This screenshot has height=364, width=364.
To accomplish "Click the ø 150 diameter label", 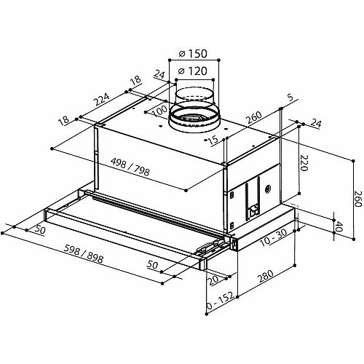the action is coord(193,54).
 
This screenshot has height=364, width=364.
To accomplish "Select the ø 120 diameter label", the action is coord(192,71).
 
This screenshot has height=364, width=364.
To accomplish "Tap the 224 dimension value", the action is coord(102,100).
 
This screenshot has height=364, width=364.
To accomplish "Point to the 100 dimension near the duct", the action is coord(160,111).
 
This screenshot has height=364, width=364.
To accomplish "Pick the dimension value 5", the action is coord(290,98).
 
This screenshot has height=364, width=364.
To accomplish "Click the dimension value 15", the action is coord(213,141).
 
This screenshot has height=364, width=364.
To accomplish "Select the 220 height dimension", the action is coord(304,162).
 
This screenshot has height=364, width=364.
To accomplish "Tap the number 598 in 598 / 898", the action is coord(72,250).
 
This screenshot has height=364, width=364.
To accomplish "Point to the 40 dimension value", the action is coord(339,226).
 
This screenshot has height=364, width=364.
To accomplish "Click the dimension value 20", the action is coord(213,280).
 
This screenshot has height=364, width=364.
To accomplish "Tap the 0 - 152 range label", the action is coord(220,301).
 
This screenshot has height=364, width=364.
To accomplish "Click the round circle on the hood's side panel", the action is coord(269,188).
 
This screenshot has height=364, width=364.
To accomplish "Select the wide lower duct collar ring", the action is coord(194,119).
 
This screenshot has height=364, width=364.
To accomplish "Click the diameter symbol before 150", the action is coord(183,54).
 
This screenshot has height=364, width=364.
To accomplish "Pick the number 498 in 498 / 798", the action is coord(118,163).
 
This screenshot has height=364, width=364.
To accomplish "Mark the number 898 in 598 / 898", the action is coord(94,258).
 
